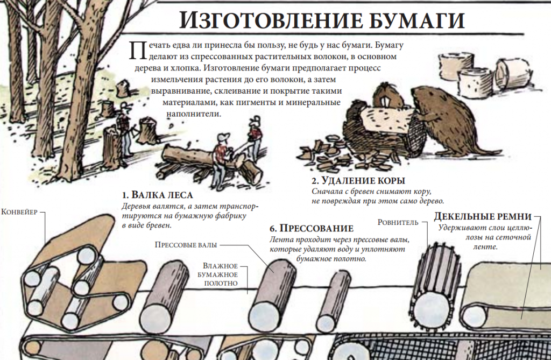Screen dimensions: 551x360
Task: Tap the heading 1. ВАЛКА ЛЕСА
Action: tap(158, 195)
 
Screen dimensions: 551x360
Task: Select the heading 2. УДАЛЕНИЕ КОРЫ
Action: tap(358, 181)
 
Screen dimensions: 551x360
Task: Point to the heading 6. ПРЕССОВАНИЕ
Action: tap(312, 229)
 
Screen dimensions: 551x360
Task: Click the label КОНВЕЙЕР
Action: tap(19, 212)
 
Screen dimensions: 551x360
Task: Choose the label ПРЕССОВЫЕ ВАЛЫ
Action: tap(186, 245)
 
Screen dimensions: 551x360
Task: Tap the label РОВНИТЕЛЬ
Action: tap(398, 222)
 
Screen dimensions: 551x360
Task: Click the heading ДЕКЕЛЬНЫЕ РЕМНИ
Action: tap(483, 216)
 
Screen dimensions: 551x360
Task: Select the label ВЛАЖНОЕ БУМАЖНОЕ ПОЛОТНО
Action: tap(221, 274)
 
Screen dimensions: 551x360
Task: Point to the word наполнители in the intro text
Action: tap(194, 114)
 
